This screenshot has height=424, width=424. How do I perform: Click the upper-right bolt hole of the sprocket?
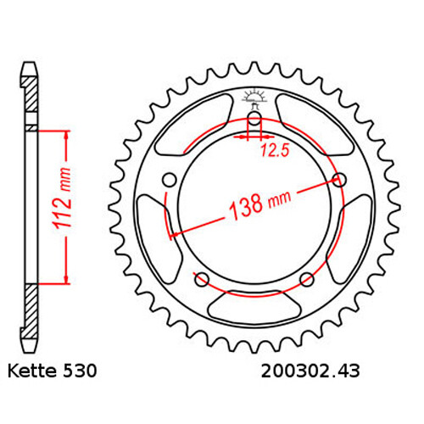[x=340, y=179]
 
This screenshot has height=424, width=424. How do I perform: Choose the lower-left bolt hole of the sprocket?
[x=201, y=280]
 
